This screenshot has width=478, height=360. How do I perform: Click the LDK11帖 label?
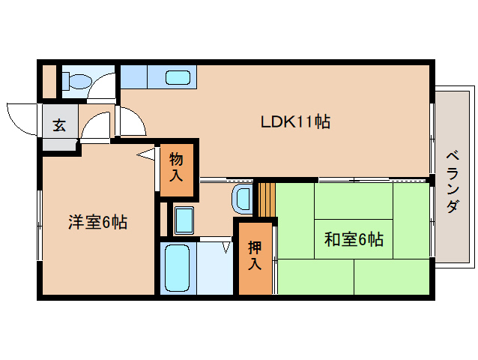tap(295, 121)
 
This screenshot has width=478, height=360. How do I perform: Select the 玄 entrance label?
tap(59, 124)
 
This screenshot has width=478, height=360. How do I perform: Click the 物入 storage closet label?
tap(177, 167)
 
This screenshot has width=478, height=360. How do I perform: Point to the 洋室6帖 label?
tap(97, 222)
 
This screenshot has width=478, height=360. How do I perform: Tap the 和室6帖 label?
tap(354, 240)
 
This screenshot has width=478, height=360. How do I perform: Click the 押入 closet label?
tap(255, 255)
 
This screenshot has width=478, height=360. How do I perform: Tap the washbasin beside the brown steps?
tap(243, 198)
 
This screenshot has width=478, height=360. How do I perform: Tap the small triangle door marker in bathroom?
tap(226, 244)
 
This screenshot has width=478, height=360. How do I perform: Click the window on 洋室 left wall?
tap(39, 225)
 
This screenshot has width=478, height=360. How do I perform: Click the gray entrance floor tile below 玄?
tap(61, 145)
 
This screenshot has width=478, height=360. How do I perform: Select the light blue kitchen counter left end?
tap(134, 77)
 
